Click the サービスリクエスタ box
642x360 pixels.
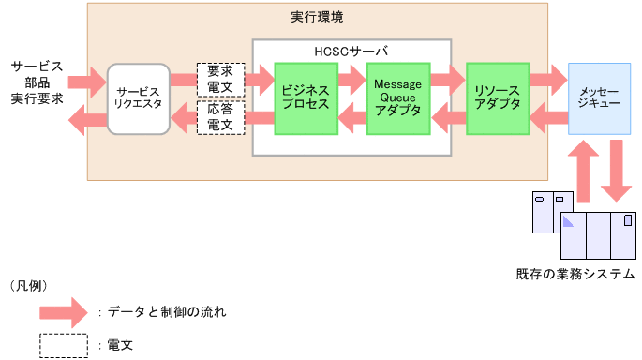139,98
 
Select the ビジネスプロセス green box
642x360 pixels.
306,97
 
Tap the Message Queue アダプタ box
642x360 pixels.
398,97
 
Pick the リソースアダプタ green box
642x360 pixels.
498,97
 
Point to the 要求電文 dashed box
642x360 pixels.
220,79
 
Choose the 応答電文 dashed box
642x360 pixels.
220,118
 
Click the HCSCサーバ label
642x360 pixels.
351,50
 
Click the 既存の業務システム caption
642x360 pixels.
575,274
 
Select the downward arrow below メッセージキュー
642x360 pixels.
616,172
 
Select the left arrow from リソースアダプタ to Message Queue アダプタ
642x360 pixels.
447,117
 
